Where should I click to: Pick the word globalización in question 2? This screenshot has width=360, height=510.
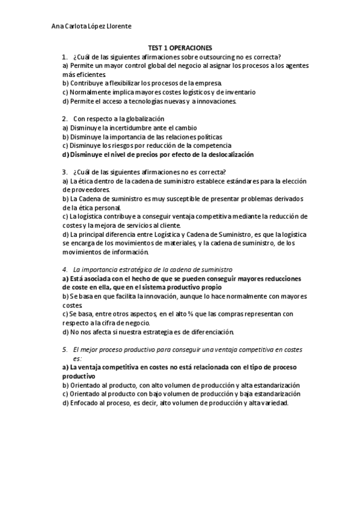pyautogui.click(x=144, y=119)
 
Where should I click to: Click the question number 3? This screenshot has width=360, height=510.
pyautogui.click(x=65, y=172)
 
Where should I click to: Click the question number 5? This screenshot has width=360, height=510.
pyautogui.click(x=65, y=349)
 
